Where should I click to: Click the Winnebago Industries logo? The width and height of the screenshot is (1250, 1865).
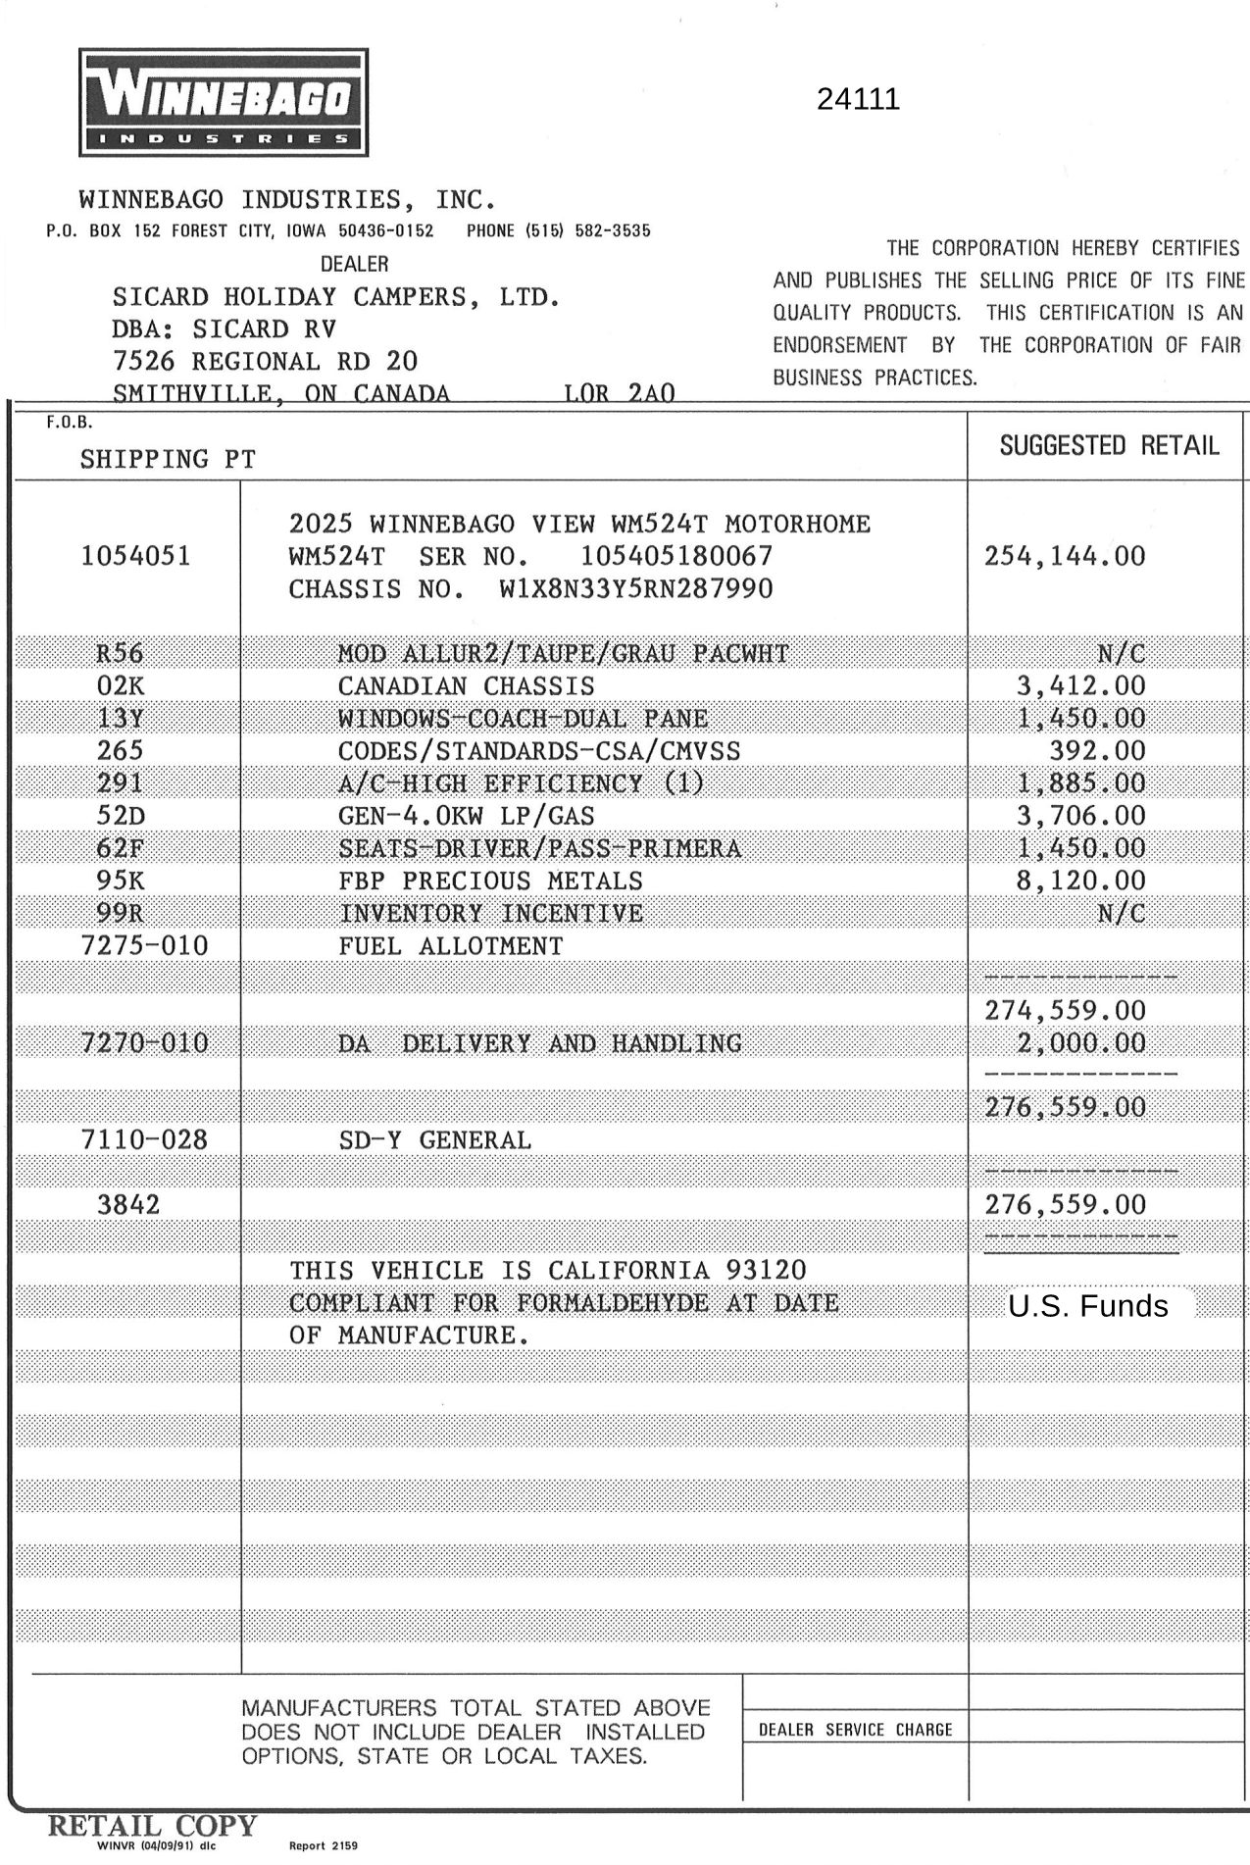[224, 102]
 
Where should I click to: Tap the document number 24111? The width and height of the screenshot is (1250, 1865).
[858, 100]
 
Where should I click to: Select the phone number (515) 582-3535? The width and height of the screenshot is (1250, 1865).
[558, 231]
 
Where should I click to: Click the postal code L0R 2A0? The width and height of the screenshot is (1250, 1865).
[619, 394]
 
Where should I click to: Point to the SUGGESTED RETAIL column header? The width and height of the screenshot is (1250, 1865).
[1109, 446]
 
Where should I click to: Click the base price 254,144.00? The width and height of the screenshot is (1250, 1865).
[1065, 557]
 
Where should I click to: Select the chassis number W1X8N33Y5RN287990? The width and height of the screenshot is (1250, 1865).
[635, 589]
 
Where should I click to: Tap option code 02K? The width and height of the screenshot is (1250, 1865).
[120, 686]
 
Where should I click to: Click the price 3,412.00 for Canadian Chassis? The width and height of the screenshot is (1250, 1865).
[1080, 686]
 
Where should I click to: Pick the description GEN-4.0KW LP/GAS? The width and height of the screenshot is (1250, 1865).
[466, 816]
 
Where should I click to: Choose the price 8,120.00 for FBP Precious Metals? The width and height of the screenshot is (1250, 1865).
[1080, 881]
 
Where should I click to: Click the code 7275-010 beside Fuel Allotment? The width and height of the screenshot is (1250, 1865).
[144, 946]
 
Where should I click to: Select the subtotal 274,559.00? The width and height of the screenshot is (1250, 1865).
[1065, 1011]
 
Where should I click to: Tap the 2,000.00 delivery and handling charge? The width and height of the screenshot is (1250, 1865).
[1080, 1043]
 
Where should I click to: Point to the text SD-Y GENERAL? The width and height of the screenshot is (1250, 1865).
[434, 1140]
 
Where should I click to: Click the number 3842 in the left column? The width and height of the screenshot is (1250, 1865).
[128, 1205]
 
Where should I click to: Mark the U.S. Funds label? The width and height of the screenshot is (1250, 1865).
[1088, 1307]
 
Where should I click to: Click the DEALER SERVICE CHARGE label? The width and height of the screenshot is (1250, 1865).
[855, 1731]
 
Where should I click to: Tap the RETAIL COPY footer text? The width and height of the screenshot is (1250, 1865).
[153, 1826]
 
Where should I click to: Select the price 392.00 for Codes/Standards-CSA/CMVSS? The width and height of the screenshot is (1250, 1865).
[1097, 751]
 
